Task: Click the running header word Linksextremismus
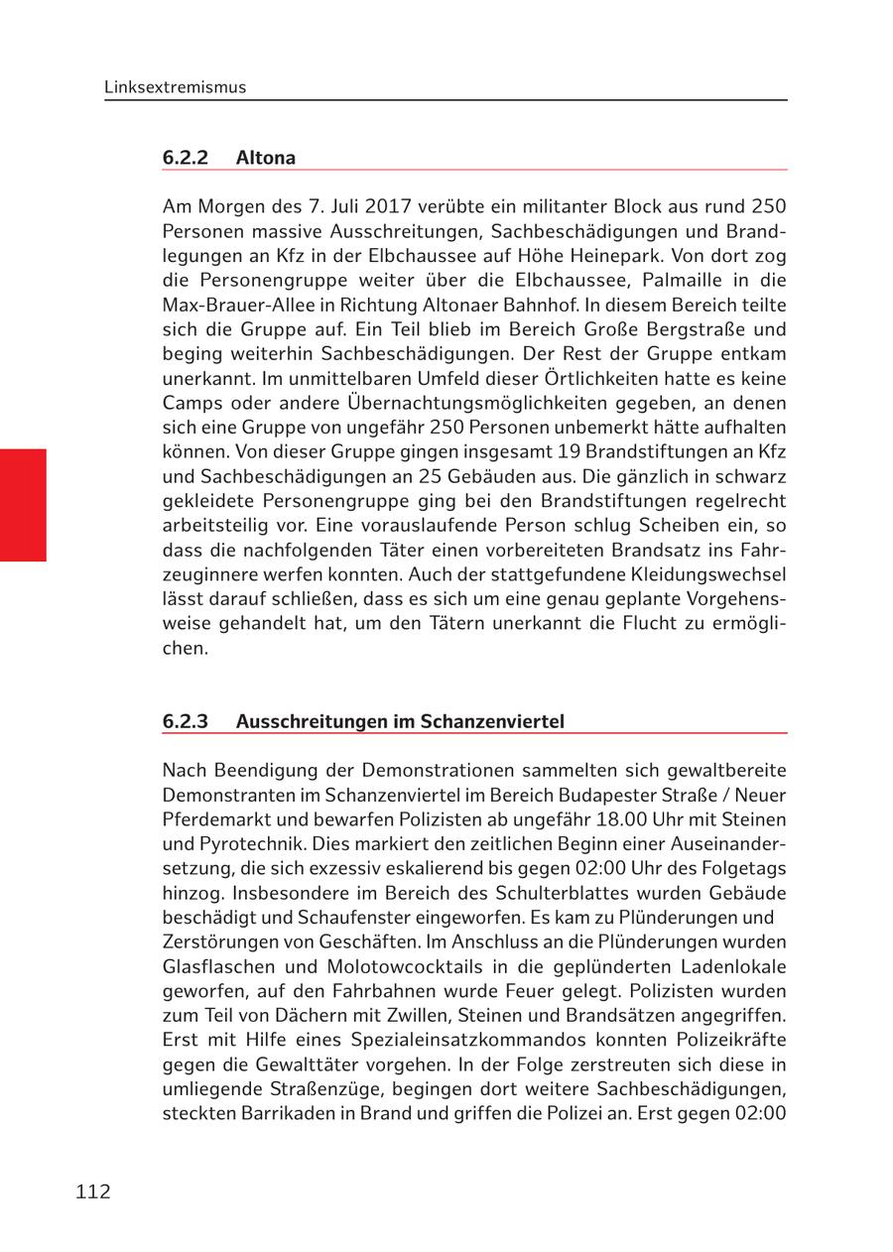point(175,87)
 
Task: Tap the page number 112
point(93,1191)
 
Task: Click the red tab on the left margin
point(23,505)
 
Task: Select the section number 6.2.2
point(186,158)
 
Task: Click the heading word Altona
point(266,158)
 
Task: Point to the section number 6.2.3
point(186,721)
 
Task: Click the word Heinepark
point(643,256)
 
